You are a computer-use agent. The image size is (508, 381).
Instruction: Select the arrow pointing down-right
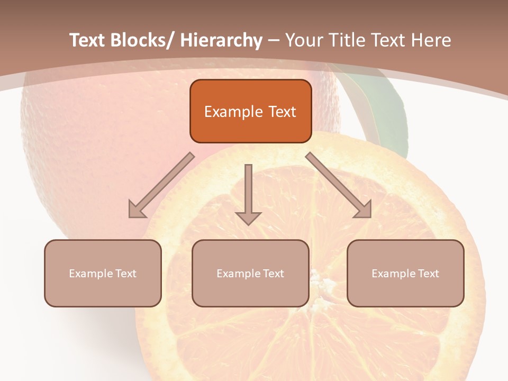coord(339,186)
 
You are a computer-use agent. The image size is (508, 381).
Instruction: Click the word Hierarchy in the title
coord(221,40)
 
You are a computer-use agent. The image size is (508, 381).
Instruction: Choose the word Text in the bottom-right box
coord(428,274)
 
